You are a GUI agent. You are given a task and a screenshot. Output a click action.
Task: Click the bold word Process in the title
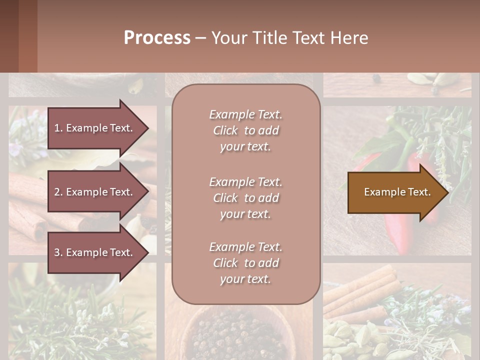(x=157, y=38)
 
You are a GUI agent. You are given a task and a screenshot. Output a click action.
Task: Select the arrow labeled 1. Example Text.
(x=95, y=128)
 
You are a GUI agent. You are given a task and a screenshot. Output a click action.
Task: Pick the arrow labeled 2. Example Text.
(x=95, y=192)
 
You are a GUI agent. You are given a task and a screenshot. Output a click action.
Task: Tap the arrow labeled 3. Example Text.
(x=95, y=252)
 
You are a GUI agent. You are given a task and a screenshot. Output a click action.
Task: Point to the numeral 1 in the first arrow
(x=57, y=128)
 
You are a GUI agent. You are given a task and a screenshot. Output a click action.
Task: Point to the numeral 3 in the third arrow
(x=57, y=252)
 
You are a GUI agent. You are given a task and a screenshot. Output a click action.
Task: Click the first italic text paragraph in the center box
(x=245, y=130)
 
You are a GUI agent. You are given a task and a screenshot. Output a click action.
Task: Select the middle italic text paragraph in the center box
(x=245, y=198)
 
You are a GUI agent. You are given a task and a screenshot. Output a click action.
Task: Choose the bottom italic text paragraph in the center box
(x=245, y=263)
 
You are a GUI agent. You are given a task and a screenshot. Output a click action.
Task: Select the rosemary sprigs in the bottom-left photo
(x=75, y=320)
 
